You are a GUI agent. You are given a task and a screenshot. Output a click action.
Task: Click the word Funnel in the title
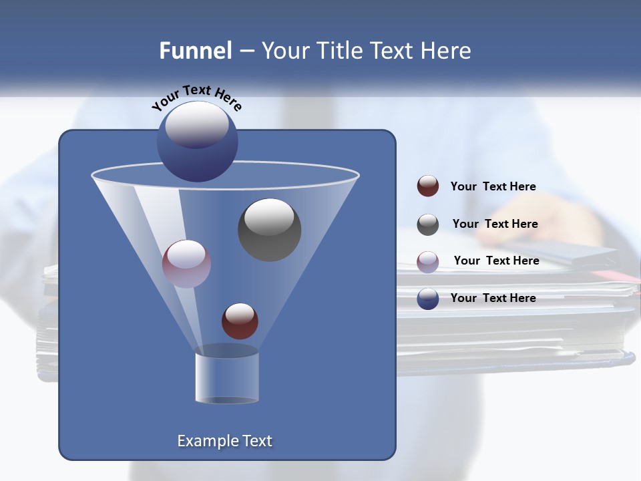click(x=195, y=51)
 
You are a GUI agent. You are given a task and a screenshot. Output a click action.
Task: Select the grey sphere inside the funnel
click(x=269, y=229)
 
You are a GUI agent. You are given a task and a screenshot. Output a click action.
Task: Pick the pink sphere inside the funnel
click(x=186, y=264)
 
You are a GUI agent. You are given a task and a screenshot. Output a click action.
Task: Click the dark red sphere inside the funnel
click(x=240, y=321)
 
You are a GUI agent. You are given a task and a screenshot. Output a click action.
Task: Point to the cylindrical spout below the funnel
click(x=226, y=377)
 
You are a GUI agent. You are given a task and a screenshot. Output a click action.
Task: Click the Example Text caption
click(x=224, y=441)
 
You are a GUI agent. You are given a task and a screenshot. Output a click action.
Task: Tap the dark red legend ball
click(x=428, y=186)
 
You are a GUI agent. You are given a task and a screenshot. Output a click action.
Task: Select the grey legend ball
click(x=428, y=224)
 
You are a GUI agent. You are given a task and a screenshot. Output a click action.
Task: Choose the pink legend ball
click(x=428, y=261)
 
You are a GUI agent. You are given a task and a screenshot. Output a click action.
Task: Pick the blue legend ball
click(x=428, y=299)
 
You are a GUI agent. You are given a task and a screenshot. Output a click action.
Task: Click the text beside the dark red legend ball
click(x=493, y=186)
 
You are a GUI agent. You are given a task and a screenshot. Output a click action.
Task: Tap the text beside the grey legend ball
click(x=495, y=224)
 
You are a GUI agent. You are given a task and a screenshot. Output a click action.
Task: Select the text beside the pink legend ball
click(x=496, y=261)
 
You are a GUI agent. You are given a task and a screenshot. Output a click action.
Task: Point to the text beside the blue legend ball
click(x=493, y=298)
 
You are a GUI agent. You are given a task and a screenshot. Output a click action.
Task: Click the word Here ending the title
click(x=447, y=51)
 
